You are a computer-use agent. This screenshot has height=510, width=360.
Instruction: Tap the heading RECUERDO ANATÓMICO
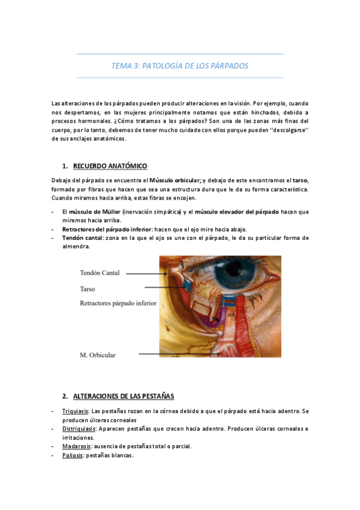click(x=110, y=166)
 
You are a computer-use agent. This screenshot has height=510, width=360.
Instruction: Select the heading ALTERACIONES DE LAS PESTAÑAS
click(x=123, y=396)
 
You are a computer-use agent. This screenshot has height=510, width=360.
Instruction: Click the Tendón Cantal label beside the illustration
click(x=100, y=273)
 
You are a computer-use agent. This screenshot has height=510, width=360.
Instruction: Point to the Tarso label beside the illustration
click(x=88, y=289)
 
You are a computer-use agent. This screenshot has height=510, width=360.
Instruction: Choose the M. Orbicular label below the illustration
click(x=98, y=355)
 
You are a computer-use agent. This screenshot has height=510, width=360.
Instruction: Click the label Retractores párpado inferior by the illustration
click(x=118, y=304)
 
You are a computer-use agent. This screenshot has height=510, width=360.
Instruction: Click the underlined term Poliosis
click(x=73, y=455)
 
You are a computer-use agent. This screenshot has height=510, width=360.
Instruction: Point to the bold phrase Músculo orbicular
click(x=175, y=180)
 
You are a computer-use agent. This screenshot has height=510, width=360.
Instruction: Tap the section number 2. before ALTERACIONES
click(x=65, y=396)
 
